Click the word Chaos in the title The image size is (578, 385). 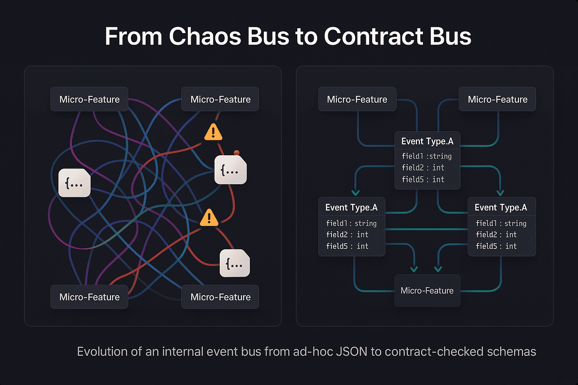205,36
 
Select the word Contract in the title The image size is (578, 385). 373,36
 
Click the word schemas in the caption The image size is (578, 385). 511,352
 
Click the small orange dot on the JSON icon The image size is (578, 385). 236,153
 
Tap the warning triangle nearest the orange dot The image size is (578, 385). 213,132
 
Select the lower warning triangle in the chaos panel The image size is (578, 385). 209,218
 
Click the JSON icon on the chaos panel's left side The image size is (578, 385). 74,183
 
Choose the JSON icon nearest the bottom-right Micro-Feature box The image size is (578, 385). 234,263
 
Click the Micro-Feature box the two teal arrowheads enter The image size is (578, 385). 427,291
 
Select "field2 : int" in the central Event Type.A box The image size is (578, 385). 423,168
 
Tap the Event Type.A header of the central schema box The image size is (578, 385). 427,141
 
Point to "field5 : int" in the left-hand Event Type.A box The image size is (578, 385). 347,246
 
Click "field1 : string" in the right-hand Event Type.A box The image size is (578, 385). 501,223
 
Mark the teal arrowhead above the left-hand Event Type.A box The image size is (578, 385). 356,192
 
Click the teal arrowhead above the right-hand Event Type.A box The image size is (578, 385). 500,192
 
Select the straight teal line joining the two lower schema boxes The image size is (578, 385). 426,229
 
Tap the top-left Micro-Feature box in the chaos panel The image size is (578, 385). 89,99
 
